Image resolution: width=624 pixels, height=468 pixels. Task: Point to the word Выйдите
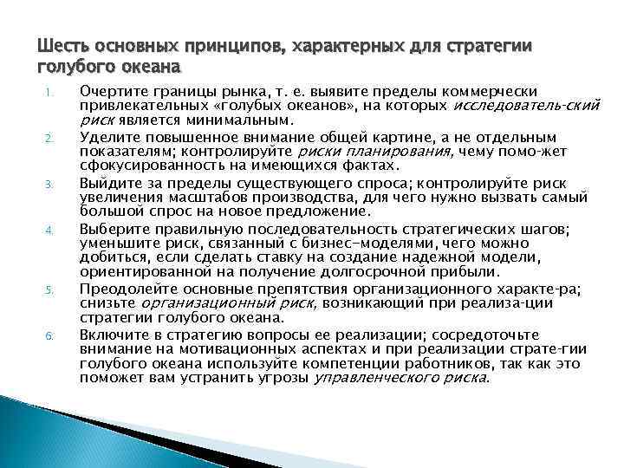point(107,182)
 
